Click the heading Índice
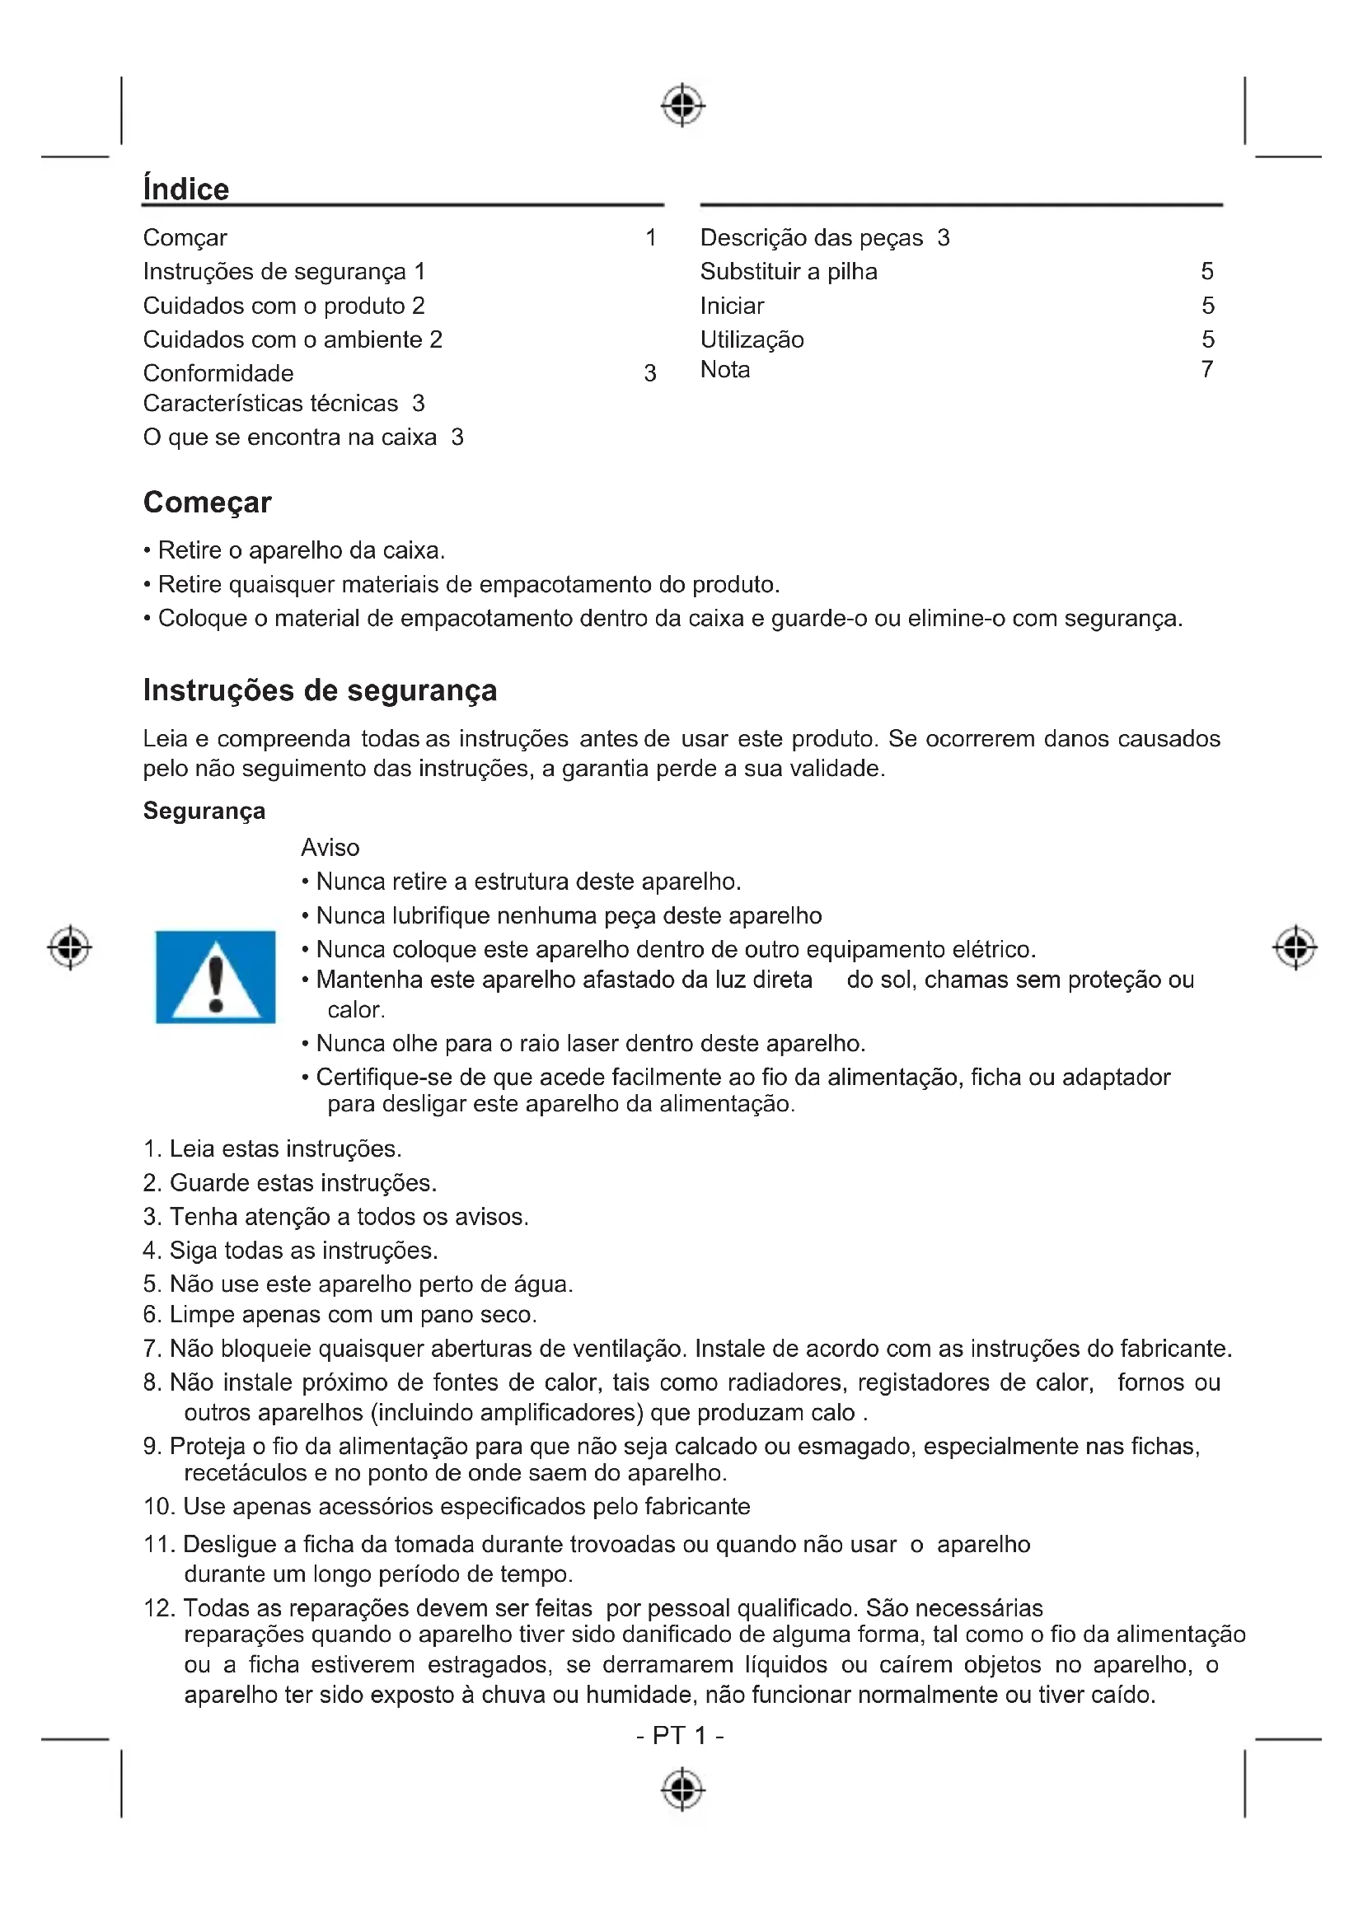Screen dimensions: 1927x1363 [x=185, y=189]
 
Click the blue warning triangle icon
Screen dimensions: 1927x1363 [x=216, y=977]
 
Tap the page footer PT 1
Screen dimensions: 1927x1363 [x=680, y=1735]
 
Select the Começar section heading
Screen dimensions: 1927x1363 [x=208, y=502]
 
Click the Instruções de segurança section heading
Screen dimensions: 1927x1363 [x=320, y=690]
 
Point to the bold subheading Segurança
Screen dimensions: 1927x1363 [x=204, y=811]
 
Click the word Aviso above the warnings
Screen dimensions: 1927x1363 [x=330, y=848]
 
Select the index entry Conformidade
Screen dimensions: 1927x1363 [x=218, y=373]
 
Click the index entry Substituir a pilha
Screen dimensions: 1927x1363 [x=788, y=272]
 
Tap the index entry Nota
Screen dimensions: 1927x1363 [x=725, y=370]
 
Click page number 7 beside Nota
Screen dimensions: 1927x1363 [x=1207, y=370]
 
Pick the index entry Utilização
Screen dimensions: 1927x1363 [x=752, y=340]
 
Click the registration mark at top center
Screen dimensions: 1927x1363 [x=682, y=105]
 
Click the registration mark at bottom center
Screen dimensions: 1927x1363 [x=682, y=1789]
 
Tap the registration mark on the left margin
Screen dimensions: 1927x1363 [x=70, y=947]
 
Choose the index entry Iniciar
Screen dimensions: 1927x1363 [x=732, y=306]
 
